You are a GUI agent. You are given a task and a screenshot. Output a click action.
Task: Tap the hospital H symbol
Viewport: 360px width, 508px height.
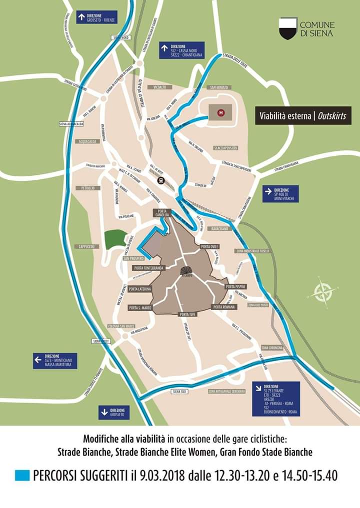tap(220, 113)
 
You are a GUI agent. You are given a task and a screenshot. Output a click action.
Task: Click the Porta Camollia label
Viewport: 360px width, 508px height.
tap(162, 213)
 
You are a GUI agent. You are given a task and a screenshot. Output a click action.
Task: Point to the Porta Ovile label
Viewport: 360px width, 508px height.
tap(209, 247)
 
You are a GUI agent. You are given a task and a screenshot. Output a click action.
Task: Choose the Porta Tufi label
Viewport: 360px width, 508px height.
tap(187, 315)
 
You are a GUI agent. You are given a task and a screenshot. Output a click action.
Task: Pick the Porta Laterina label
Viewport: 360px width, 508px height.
tap(139, 289)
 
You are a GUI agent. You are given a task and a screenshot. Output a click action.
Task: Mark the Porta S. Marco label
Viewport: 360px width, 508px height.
tap(139, 308)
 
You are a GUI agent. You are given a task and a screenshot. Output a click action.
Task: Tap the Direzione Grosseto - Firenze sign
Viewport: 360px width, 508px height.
tap(96, 17)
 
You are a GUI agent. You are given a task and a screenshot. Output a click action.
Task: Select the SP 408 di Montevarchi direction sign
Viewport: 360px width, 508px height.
tap(280, 194)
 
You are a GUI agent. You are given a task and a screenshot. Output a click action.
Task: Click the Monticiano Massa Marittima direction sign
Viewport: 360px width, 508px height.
tap(54, 361)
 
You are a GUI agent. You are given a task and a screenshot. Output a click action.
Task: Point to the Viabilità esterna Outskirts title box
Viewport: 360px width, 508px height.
tap(303, 116)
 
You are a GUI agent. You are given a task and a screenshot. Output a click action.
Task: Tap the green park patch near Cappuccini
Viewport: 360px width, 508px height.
tap(115, 239)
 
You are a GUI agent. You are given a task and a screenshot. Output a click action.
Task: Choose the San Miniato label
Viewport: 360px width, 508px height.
tap(219, 87)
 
